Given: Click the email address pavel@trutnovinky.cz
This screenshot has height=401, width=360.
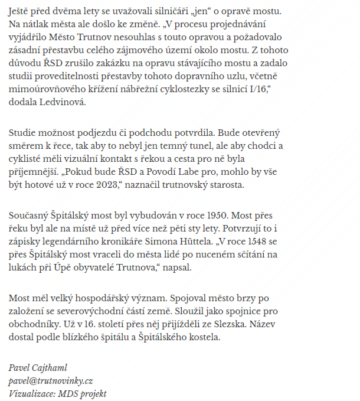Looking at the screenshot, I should (51, 381).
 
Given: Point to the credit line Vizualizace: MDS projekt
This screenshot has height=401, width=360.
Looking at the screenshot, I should (57, 394).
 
